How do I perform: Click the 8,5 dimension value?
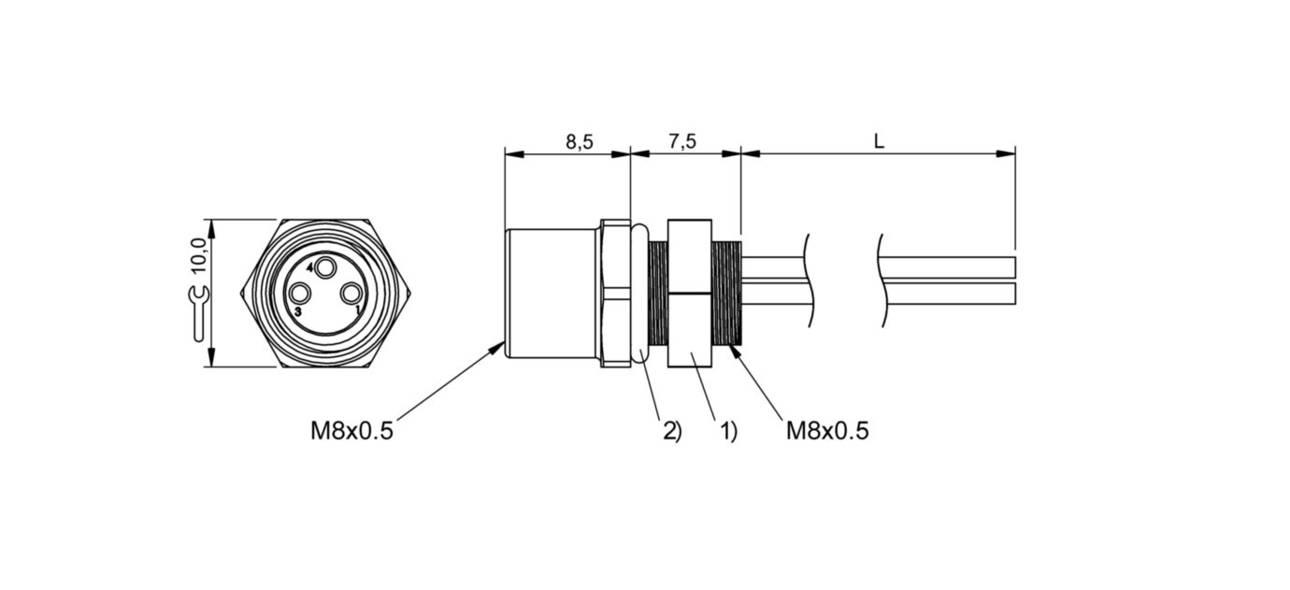(579, 142)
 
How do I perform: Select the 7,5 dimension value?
(682, 142)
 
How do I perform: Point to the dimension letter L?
(878, 142)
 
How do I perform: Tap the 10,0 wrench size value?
(198, 255)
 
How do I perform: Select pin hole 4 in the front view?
(325, 268)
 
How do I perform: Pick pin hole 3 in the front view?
(299, 295)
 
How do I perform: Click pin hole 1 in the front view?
(351, 295)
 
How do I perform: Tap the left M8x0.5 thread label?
(351, 431)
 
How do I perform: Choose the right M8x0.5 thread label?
(827, 431)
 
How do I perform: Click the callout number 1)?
(728, 431)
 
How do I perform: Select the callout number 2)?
(672, 431)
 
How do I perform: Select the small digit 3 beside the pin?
(298, 310)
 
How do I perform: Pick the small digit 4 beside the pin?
(309, 268)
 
